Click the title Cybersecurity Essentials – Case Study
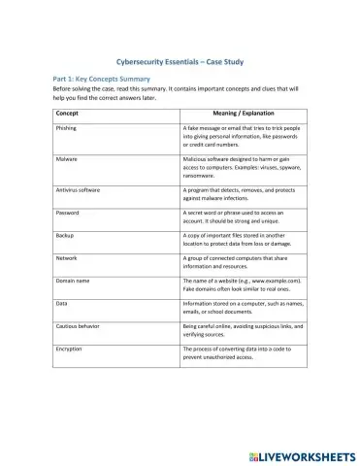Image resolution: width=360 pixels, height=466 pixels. [x=180, y=59]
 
